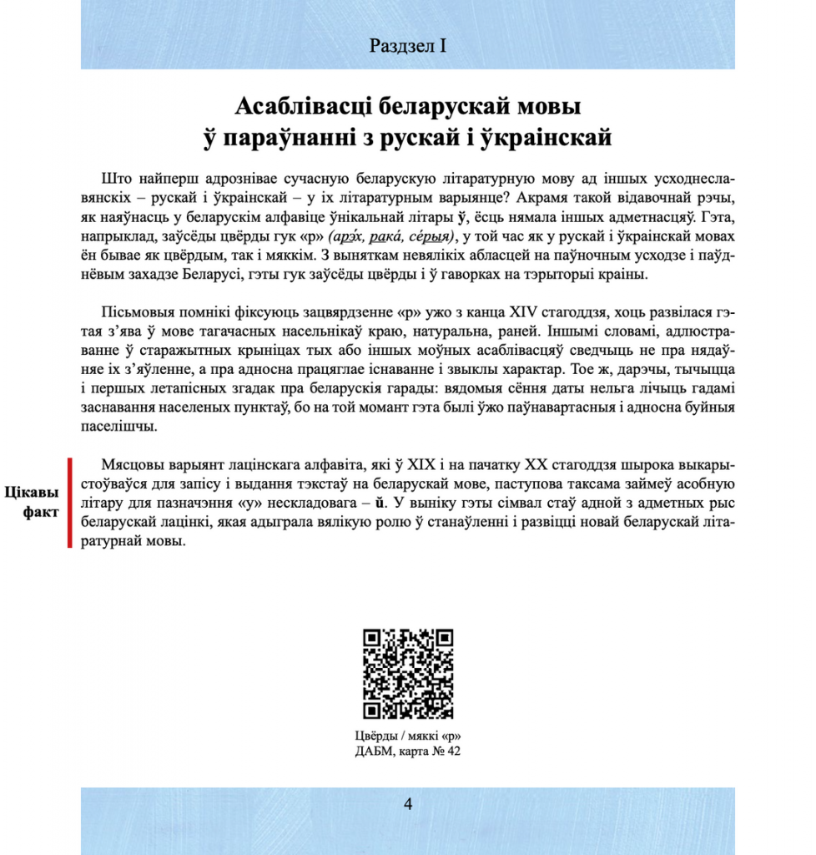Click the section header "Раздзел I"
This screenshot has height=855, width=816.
(408, 46)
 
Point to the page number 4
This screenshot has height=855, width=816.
(408, 805)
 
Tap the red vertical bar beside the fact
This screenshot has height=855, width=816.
(71, 502)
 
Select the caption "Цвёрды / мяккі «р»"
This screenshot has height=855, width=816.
(408, 736)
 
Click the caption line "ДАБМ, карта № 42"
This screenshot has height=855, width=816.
(408, 751)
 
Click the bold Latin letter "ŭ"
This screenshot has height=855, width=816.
(380, 503)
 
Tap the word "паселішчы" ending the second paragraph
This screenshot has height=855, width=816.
(118, 427)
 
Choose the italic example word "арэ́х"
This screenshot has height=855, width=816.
(345, 235)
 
